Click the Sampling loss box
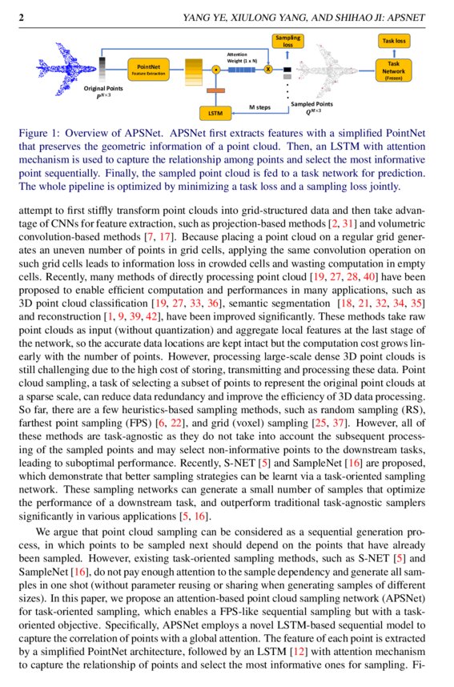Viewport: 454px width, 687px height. pos(287,42)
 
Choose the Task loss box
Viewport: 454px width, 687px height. pos(393,40)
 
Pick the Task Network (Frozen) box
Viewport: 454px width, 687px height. pos(393,70)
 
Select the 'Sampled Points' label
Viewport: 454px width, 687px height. pos(311,105)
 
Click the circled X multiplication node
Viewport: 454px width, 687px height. pos(268,70)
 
